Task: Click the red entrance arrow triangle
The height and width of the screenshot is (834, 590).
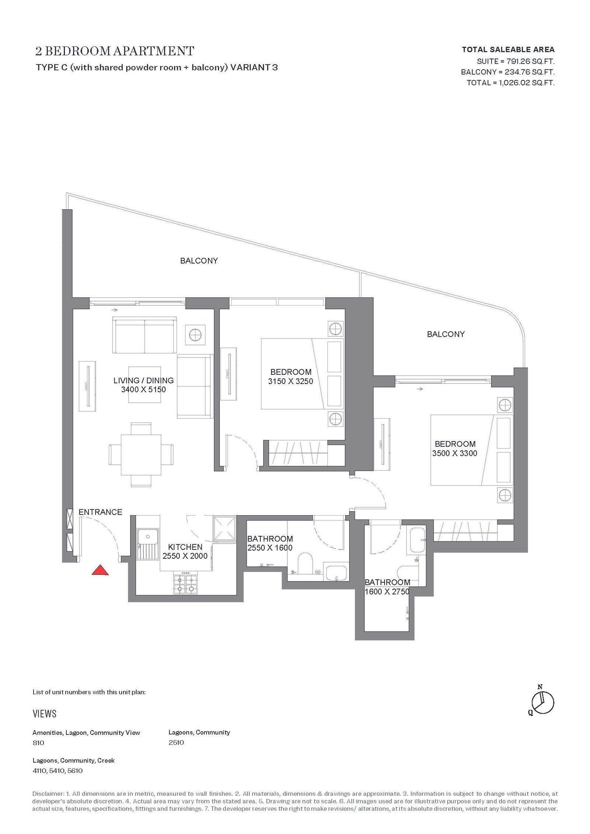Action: coord(100,570)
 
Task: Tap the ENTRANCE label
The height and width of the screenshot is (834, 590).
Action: coord(100,512)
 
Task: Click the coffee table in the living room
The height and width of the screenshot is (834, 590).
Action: coord(145,385)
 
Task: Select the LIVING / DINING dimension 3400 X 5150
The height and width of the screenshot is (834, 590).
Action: coord(143,390)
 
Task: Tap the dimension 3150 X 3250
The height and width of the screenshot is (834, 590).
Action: coord(291,381)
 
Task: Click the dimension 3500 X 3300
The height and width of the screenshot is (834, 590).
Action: coord(455,453)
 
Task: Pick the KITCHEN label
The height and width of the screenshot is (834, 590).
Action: coord(185,547)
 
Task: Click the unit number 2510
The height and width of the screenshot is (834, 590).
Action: coord(176,743)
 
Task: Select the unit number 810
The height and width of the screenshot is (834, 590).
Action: coord(38,743)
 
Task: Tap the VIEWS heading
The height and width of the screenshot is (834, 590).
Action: coord(45,714)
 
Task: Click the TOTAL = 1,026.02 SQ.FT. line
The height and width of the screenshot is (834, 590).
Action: coord(510,83)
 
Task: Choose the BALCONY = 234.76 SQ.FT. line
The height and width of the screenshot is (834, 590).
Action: coord(508,72)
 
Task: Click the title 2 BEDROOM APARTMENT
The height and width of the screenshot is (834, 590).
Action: coord(115,51)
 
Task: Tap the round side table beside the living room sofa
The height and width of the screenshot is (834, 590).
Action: coord(194,335)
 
